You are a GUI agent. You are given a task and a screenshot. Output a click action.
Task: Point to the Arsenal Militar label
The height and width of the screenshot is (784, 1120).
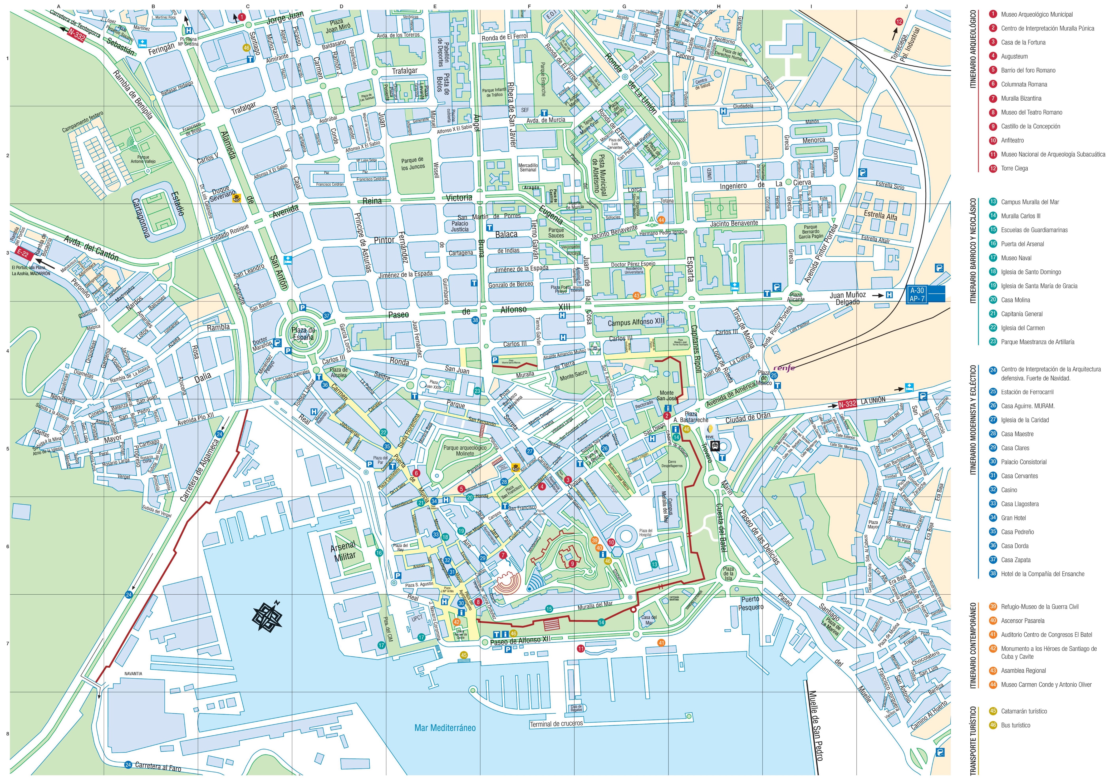pyautogui.click(x=343, y=551)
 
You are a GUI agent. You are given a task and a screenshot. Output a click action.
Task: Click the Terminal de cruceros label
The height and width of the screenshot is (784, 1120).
pyautogui.click(x=556, y=723)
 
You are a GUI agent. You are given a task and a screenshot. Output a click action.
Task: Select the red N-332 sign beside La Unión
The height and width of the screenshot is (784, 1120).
pyautogui.click(x=847, y=404)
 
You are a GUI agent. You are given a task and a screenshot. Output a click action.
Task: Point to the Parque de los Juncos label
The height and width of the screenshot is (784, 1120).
pyautogui.click(x=413, y=163)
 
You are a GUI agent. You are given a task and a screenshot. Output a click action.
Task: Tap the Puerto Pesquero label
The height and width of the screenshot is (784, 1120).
pyautogui.click(x=750, y=603)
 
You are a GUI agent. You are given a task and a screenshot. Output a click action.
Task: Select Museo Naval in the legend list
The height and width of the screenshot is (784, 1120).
pyautogui.click(x=1016, y=258)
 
